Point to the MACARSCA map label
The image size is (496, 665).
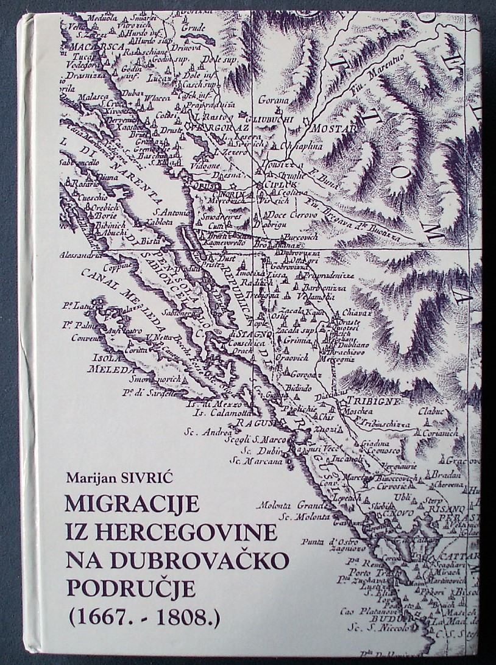pyautogui.click(x=88, y=46)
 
